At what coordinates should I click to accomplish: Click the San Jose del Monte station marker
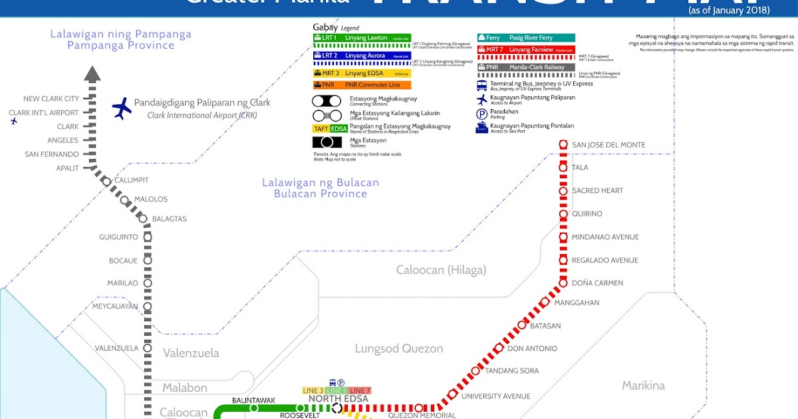[x=563, y=144]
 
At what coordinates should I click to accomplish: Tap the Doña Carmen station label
[x=597, y=283]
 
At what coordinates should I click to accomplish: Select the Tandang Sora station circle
[x=475, y=371]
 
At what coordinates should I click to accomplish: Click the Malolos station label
[x=151, y=199]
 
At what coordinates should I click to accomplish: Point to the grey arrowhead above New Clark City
[x=92, y=74]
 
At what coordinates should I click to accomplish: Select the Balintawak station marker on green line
[x=254, y=408]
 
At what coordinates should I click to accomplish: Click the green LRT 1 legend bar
[x=362, y=38]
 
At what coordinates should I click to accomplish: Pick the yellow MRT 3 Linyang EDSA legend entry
[x=362, y=73]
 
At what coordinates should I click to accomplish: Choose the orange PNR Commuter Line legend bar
[x=362, y=85]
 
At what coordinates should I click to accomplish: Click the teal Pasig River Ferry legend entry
[x=525, y=38]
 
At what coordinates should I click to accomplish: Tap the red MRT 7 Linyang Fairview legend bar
[x=525, y=50]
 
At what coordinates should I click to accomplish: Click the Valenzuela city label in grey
[x=191, y=353]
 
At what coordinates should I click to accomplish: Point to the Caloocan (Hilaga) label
[x=441, y=270]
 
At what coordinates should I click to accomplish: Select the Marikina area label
[x=643, y=385]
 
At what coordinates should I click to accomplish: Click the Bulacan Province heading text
[x=320, y=194]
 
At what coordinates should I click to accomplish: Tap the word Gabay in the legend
[x=325, y=27]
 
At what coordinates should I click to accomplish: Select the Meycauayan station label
[x=116, y=306]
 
